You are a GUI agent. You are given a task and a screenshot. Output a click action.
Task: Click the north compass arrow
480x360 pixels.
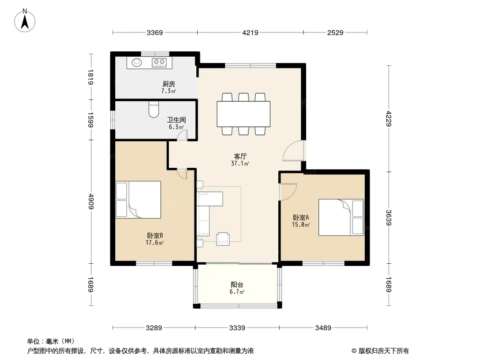[x=25, y=21]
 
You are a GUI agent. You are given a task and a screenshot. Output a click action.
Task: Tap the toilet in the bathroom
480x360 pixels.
[x=154, y=109]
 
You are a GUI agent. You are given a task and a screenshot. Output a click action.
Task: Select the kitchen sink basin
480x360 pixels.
[x=137, y=63]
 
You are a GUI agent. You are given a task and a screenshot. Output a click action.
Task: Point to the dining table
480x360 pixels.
[x=243, y=114]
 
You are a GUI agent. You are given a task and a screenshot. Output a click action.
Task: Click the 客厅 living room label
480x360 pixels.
[x=240, y=156]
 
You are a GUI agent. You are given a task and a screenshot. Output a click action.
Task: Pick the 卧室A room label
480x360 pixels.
[x=301, y=217]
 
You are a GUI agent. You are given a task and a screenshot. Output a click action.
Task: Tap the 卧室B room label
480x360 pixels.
[x=154, y=235]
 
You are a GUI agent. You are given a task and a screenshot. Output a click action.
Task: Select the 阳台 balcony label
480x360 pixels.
[x=237, y=285]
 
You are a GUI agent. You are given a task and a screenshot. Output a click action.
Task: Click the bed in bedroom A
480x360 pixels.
[x=341, y=217]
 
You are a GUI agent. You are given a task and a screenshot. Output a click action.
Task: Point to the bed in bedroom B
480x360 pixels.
[x=138, y=199]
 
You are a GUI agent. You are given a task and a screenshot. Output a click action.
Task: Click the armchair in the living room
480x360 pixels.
[x=223, y=239]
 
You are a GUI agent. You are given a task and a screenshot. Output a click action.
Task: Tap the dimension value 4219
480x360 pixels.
[x=250, y=32]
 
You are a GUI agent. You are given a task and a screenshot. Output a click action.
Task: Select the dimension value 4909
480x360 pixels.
[x=91, y=201]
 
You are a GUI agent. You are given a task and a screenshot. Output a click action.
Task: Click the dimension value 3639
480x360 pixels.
[x=389, y=217]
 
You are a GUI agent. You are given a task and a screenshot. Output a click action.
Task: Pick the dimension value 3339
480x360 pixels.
[x=237, y=328]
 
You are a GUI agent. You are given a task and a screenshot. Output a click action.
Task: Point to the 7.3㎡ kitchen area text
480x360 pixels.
[x=169, y=91]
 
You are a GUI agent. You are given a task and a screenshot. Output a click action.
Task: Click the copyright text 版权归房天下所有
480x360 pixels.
[x=384, y=351]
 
